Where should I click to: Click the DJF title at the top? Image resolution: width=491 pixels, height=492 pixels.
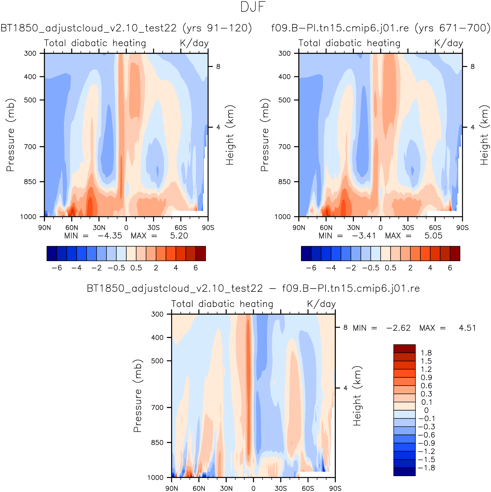[x=253, y=7]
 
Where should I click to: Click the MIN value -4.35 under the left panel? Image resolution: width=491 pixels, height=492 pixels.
[x=110, y=236]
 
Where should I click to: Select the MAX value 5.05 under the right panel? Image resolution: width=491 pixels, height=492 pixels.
[x=433, y=236]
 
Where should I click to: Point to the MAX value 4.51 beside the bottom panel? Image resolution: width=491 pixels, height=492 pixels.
[x=467, y=328]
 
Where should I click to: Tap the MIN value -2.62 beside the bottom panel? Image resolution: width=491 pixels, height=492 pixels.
[x=398, y=328]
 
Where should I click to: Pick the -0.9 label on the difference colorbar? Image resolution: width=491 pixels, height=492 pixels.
[x=426, y=443]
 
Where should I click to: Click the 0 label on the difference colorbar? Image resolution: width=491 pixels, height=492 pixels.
[x=426, y=410]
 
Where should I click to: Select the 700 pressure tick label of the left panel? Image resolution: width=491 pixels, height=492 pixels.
[x=30, y=147]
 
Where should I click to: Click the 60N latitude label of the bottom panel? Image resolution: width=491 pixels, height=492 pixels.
[x=199, y=488]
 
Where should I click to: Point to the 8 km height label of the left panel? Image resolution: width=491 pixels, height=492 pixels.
[x=218, y=67]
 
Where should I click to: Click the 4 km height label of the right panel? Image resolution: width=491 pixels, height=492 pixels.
[x=473, y=127]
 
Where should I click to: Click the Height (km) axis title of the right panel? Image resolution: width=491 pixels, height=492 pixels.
[x=484, y=135]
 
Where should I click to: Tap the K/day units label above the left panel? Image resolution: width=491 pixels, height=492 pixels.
[x=194, y=43]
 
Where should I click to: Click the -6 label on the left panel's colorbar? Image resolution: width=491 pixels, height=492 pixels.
[x=57, y=268]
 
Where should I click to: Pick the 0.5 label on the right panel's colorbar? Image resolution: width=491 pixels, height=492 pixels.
[x=391, y=268]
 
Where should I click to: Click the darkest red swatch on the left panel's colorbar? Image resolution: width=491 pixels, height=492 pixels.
[x=201, y=253]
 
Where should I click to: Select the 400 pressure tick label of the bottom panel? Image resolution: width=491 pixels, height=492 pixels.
[x=157, y=337]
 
